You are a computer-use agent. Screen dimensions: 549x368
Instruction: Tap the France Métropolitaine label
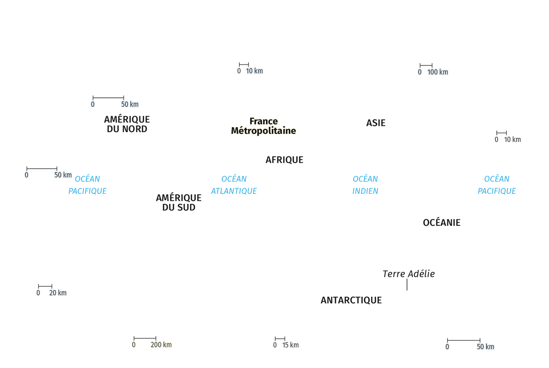coord(264,126)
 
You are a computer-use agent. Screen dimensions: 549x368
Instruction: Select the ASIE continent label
coord(376,123)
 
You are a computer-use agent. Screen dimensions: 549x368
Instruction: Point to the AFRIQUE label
coord(284,160)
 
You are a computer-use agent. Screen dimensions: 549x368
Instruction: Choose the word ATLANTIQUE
coord(234,191)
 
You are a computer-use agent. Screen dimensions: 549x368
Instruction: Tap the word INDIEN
coord(365,191)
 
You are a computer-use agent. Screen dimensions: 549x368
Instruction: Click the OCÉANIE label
coord(441,223)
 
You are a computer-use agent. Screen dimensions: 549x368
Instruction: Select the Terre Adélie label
coord(409,274)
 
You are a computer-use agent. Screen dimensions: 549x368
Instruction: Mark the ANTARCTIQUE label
coord(351,300)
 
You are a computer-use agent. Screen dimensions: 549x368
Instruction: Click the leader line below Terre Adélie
coord(407,284)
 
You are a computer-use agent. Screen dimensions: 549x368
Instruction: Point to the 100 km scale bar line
coord(426,65)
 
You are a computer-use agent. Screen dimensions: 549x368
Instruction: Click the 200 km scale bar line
coord(145,338)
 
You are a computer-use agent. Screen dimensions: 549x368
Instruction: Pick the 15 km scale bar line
coord(280,339)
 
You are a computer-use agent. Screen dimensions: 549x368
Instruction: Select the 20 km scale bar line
coord(45,286)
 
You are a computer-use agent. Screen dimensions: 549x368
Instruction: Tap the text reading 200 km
coord(161,345)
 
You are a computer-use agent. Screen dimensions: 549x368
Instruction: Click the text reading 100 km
coord(437,72)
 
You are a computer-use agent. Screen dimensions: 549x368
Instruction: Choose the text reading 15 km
coord(291,345)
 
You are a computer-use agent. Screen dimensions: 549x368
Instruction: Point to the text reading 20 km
coord(58,293)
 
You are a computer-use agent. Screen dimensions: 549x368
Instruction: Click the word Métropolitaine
coord(264,131)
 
